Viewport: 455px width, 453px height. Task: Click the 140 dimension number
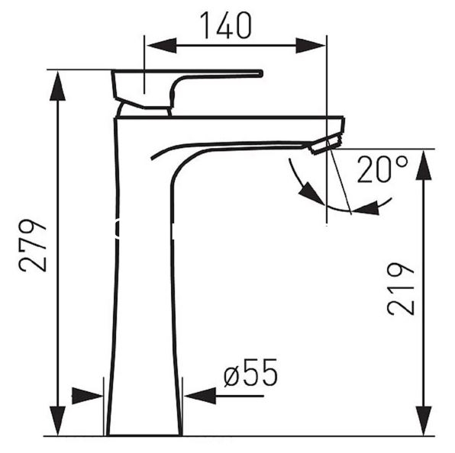pos(225,25)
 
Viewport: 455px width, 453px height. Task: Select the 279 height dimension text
pos(33,246)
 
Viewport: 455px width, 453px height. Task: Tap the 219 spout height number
pos(401,289)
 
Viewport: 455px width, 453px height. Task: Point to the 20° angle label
pos(382,169)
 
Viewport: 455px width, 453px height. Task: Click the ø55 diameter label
pos(250,373)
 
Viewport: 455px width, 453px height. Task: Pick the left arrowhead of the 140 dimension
pos(162,46)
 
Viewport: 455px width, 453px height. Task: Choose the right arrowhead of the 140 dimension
pos(310,46)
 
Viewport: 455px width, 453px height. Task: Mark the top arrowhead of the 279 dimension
pos(57,86)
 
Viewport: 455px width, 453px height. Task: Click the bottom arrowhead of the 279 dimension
pos(57,420)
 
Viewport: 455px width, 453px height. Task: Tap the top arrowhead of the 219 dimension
pos(424,165)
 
